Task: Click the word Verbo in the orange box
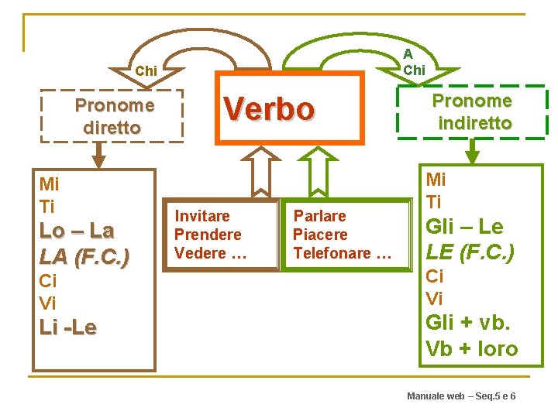click(x=269, y=109)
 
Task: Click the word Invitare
click(x=201, y=216)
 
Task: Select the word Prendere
click(x=208, y=235)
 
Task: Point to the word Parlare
click(x=319, y=216)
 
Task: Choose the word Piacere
click(x=319, y=235)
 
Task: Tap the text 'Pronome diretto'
click(x=114, y=116)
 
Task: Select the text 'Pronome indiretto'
click(x=472, y=111)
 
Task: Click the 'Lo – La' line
click(x=77, y=231)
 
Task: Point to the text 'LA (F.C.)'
click(x=84, y=255)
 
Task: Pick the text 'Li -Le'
click(x=68, y=327)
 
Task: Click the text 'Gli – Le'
click(x=464, y=227)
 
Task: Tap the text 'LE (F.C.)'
click(x=470, y=252)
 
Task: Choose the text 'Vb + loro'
click(x=471, y=349)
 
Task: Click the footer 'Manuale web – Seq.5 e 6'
click(x=461, y=396)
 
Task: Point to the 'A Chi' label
click(x=414, y=62)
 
